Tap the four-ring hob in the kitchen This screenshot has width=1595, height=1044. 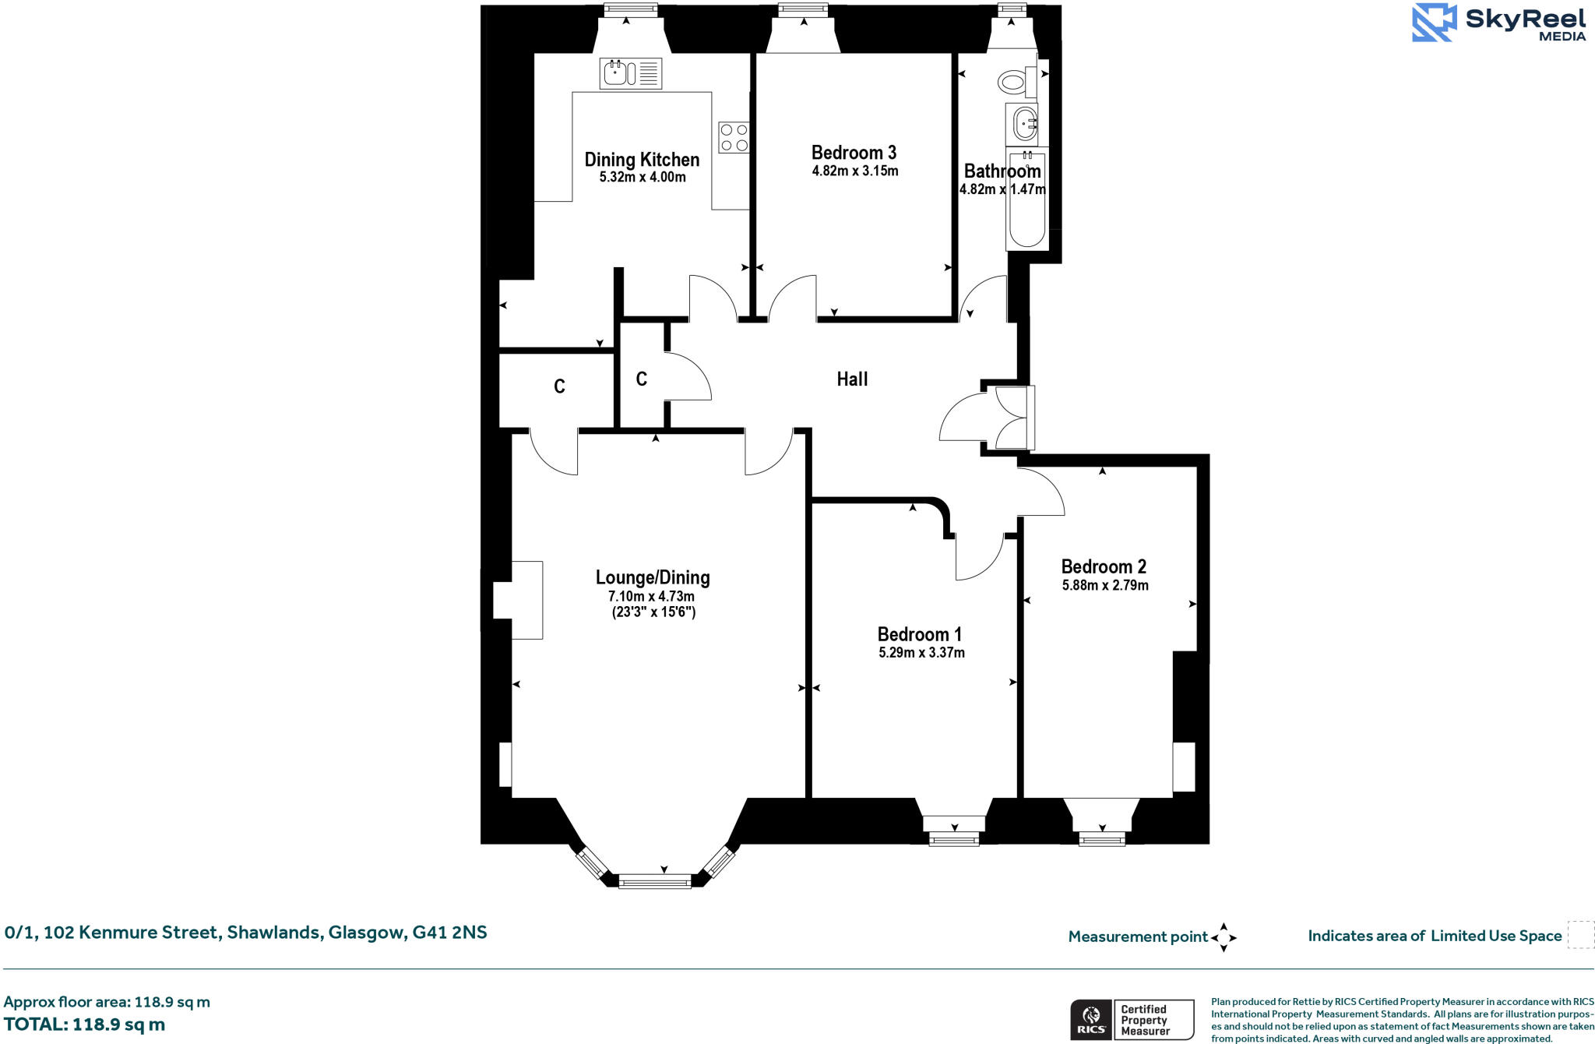(734, 137)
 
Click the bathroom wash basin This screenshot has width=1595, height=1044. (1024, 123)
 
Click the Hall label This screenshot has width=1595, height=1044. (852, 379)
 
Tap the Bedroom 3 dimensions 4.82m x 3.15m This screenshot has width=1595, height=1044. (854, 171)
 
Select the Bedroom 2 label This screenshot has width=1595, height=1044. (1104, 566)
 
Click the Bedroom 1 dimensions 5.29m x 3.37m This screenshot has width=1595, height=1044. (921, 653)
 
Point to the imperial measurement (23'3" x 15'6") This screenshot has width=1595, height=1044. (653, 612)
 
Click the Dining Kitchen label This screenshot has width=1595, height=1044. (642, 160)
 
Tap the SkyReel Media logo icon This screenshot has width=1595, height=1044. (1433, 22)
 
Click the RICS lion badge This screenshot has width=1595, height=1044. (1091, 1020)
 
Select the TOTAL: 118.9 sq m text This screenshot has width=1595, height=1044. (84, 1025)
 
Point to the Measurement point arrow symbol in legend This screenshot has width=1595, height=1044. (1224, 937)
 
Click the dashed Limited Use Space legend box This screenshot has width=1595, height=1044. (1580, 934)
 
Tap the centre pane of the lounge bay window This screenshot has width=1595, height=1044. (654, 882)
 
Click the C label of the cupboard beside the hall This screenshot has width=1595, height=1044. (641, 379)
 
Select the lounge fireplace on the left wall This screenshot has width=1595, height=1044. (518, 600)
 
